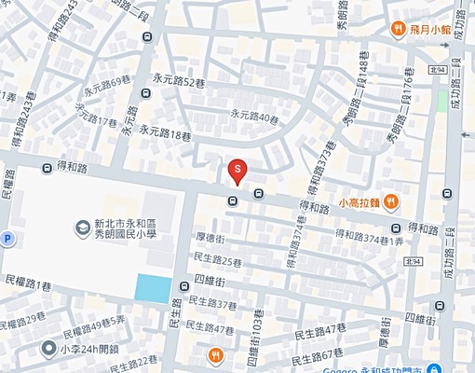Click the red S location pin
[237, 171]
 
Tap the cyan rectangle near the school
[153, 288]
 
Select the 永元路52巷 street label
[178, 84]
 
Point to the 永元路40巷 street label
[254, 117]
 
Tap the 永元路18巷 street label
[165, 132]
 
